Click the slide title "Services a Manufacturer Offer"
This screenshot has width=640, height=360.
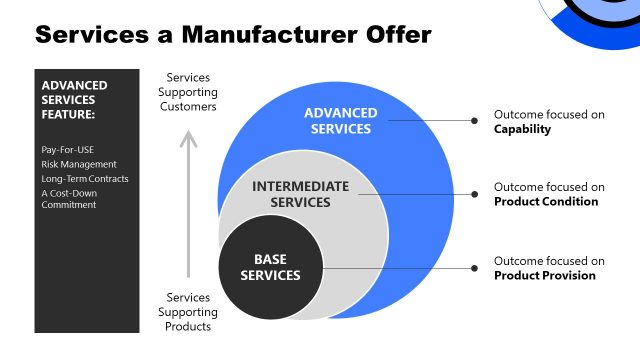click(233, 34)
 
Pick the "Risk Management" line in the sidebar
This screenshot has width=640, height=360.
click(79, 163)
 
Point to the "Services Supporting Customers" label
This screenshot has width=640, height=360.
click(191, 92)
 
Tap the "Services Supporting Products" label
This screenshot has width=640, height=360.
click(189, 311)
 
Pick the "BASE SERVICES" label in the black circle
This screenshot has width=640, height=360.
click(270, 267)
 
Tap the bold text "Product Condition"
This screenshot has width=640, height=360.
click(545, 201)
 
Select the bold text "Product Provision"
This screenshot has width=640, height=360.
click(544, 275)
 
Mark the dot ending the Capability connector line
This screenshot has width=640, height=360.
click(474, 121)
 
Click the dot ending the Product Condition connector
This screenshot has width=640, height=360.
click(474, 194)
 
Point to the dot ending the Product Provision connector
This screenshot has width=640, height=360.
click(474, 267)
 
